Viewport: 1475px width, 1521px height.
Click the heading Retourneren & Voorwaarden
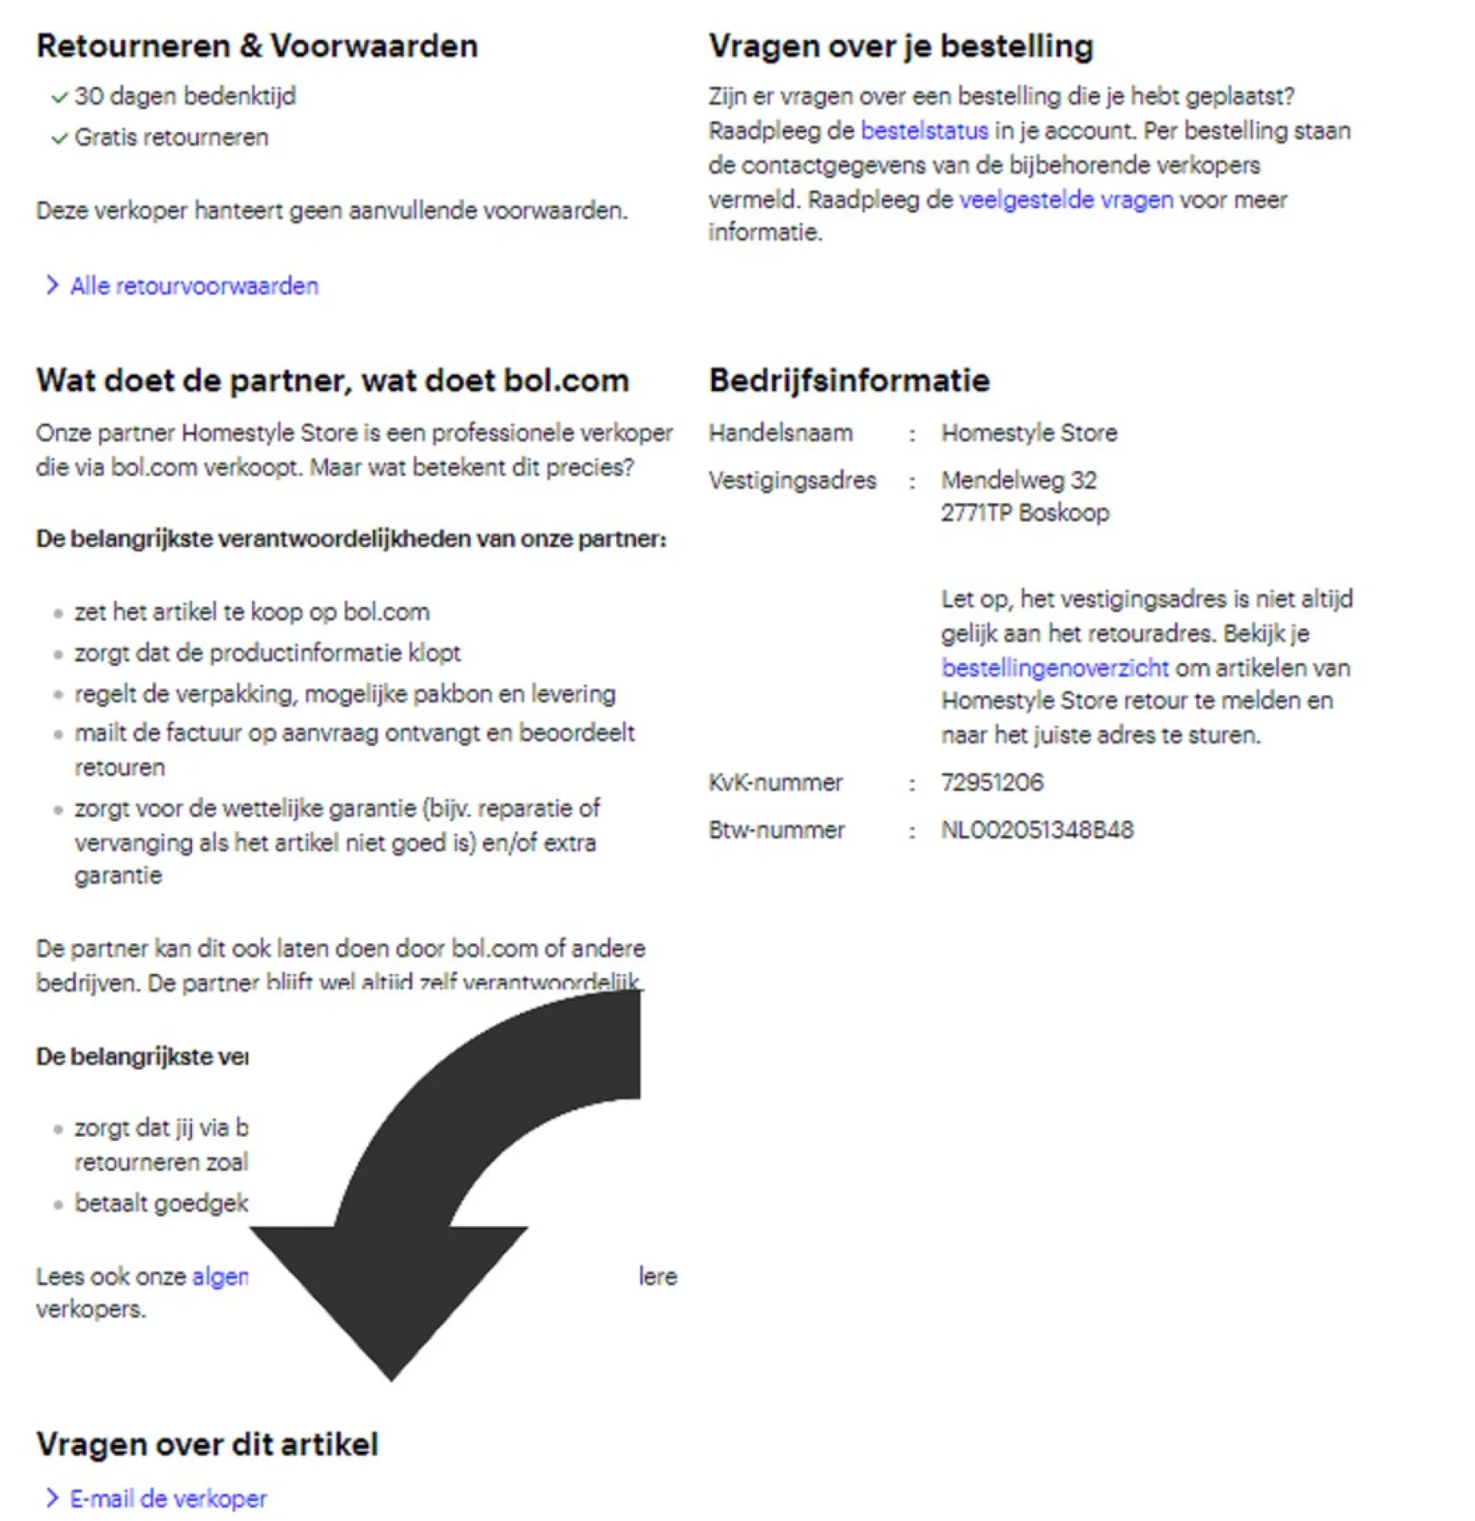tap(257, 47)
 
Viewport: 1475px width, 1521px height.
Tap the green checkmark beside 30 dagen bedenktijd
tap(59, 98)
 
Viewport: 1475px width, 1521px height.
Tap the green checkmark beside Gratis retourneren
tap(59, 139)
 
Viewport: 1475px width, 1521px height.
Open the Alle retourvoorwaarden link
tap(194, 286)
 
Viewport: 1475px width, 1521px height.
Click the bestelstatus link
tap(924, 131)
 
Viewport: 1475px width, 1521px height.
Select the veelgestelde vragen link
tap(1066, 200)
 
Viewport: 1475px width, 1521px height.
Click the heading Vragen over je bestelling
tap(901, 47)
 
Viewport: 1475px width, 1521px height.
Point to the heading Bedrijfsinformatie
tap(849, 380)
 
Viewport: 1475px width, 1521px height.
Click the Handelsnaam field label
tap(781, 432)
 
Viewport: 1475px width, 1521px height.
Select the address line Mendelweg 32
tap(1019, 479)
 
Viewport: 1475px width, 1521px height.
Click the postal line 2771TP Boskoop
tap(1025, 512)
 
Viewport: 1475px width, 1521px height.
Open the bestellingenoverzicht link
tap(1055, 668)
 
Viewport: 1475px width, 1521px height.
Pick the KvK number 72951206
tap(993, 781)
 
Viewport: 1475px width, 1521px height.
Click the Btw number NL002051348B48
tap(1037, 830)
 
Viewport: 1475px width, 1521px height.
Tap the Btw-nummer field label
tap(777, 830)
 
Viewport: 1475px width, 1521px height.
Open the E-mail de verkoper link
tap(168, 1498)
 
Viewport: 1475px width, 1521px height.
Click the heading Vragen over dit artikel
tap(207, 1444)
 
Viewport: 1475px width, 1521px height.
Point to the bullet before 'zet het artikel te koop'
tap(58, 613)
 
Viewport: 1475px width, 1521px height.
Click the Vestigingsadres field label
tap(792, 479)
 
